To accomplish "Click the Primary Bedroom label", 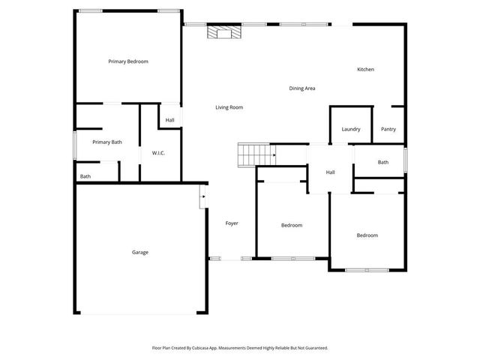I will point(127,61).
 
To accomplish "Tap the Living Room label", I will point(229,107).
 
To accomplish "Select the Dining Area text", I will point(302,88).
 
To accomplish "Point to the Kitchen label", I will point(365,70).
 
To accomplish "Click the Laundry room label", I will point(351,129).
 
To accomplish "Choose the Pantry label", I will point(388,129).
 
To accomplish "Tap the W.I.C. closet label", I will point(158,153).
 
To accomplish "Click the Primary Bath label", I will point(107,142).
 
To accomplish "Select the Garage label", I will point(140,252).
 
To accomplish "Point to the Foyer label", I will point(232,223).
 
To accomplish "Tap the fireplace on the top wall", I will point(223,32).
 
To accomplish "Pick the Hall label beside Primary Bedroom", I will point(170,120).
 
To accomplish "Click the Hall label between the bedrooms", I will point(330,172).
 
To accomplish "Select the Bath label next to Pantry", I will point(383,162).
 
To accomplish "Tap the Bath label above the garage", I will point(85,177).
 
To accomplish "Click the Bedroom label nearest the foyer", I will point(292,225).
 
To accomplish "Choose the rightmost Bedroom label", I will point(367,235).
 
